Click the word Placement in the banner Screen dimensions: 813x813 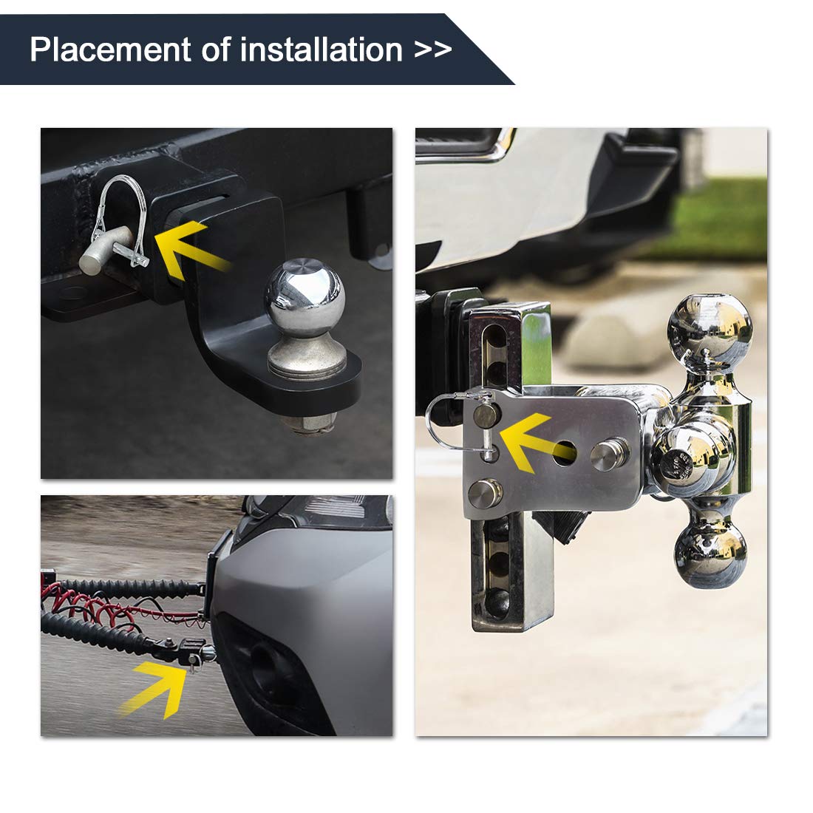(110, 50)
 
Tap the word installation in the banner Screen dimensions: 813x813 (322, 50)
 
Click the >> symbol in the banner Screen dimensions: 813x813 (433, 50)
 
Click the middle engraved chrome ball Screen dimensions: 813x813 (687, 457)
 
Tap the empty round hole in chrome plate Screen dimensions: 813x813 (564, 452)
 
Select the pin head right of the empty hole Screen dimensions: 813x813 (609, 455)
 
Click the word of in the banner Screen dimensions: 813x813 (215, 50)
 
